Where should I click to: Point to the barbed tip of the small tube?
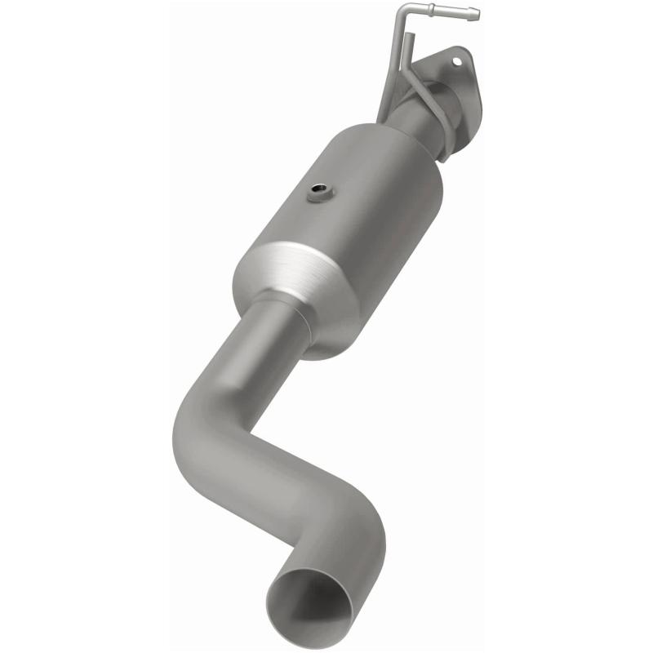pos(473,14)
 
